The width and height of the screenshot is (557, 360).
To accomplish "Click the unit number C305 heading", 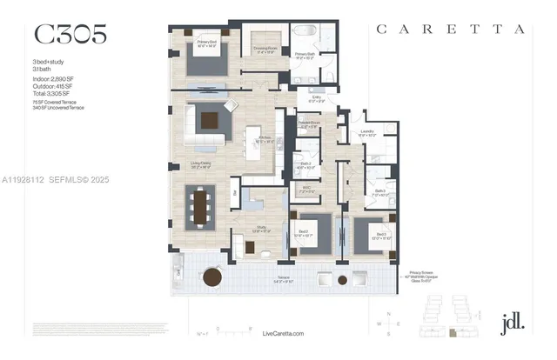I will point(70,34).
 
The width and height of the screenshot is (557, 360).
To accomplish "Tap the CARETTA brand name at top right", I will point(450,29).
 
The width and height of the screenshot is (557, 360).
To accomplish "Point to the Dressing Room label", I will point(265,50).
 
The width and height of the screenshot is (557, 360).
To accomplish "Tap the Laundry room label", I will point(367,134).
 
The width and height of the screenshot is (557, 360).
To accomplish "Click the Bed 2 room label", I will point(302,232).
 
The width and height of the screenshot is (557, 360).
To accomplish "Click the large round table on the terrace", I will point(341,280).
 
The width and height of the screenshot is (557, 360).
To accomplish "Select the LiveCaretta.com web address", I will point(285,333).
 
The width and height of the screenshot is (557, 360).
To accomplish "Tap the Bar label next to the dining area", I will point(234,192).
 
